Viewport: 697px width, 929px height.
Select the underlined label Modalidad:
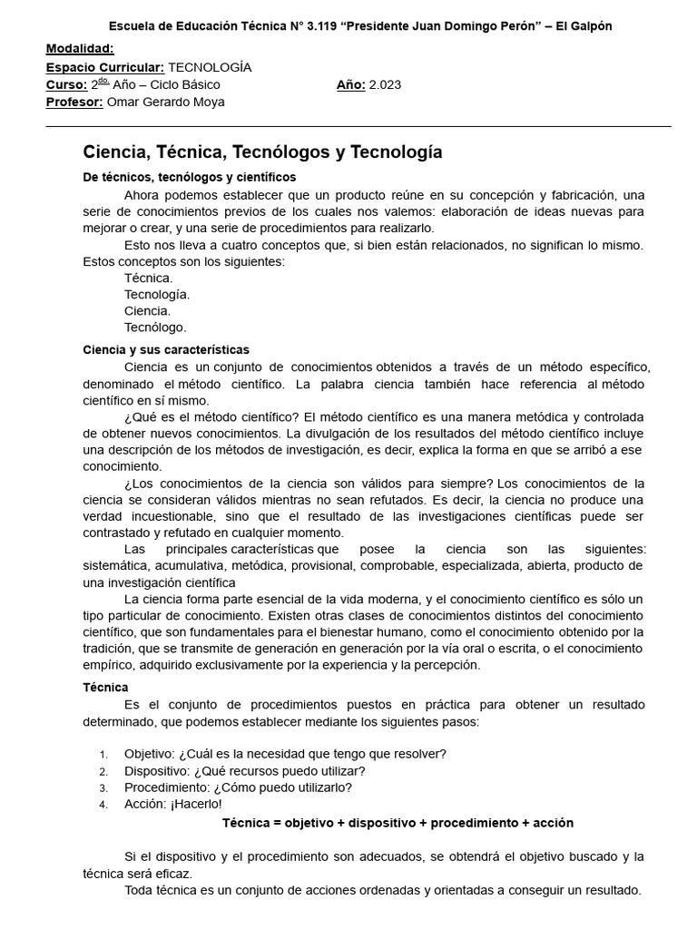pyautogui.click(x=80, y=48)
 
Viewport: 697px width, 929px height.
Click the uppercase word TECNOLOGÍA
pyautogui.click(x=210, y=67)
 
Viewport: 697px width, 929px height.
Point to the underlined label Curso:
pyautogui.click(x=66, y=85)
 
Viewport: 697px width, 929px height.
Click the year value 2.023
pyautogui.click(x=385, y=85)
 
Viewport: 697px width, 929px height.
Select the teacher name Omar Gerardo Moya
pyautogui.click(x=166, y=103)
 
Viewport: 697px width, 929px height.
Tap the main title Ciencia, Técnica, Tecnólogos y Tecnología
pyautogui.click(x=263, y=152)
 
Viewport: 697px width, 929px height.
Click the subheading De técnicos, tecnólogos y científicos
pyautogui.click(x=189, y=177)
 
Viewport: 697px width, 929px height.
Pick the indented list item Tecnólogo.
pyautogui.click(x=155, y=328)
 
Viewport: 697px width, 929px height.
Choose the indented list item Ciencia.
pyautogui.click(x=147, y=311)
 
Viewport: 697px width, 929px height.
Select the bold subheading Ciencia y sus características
pyautogui.click(x=166, y=349)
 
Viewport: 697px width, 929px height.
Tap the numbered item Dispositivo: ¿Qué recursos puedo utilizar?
pyautogui.click(x=245, y=771)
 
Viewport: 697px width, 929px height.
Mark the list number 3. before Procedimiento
pyautogui.click(x=104, y=788)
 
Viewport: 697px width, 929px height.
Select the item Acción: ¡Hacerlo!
pyautogui.click(x=172, y=805)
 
